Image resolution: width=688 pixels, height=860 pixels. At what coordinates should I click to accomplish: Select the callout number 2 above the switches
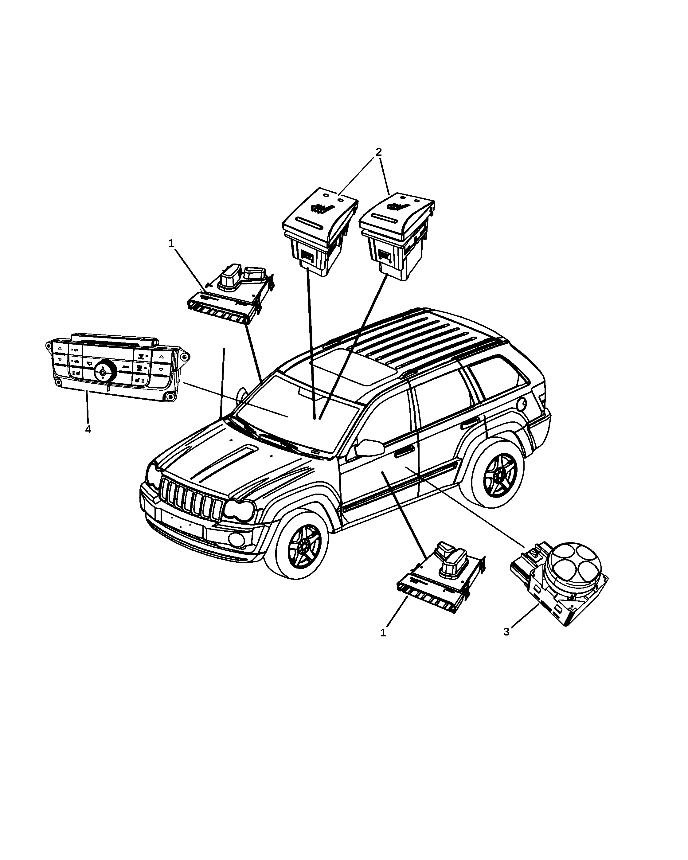coord(378,152)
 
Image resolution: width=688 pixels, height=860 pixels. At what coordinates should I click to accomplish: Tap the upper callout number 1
coord(171,243)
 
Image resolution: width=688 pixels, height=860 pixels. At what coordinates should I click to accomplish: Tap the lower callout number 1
coord(383,633)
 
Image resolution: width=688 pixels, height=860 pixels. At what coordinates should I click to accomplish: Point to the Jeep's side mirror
coord(369,448)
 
